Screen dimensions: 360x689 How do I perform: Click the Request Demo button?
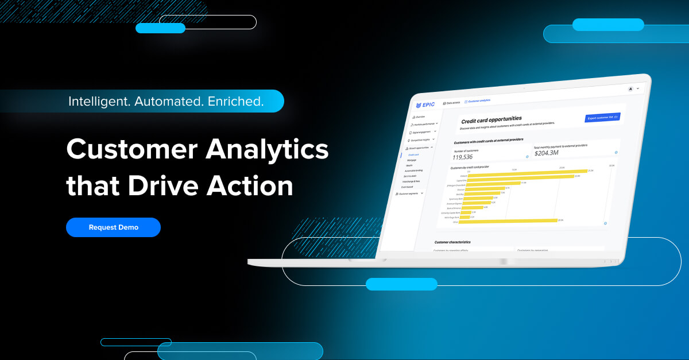113,227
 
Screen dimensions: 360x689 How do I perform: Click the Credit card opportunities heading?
491,119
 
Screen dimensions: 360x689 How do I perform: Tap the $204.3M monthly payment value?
547,153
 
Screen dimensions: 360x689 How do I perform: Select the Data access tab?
452,103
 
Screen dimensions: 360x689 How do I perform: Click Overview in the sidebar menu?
420,117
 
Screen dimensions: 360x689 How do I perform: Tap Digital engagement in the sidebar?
423,131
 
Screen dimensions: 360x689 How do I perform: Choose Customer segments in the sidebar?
409,193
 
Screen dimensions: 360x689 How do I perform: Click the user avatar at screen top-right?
630,89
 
